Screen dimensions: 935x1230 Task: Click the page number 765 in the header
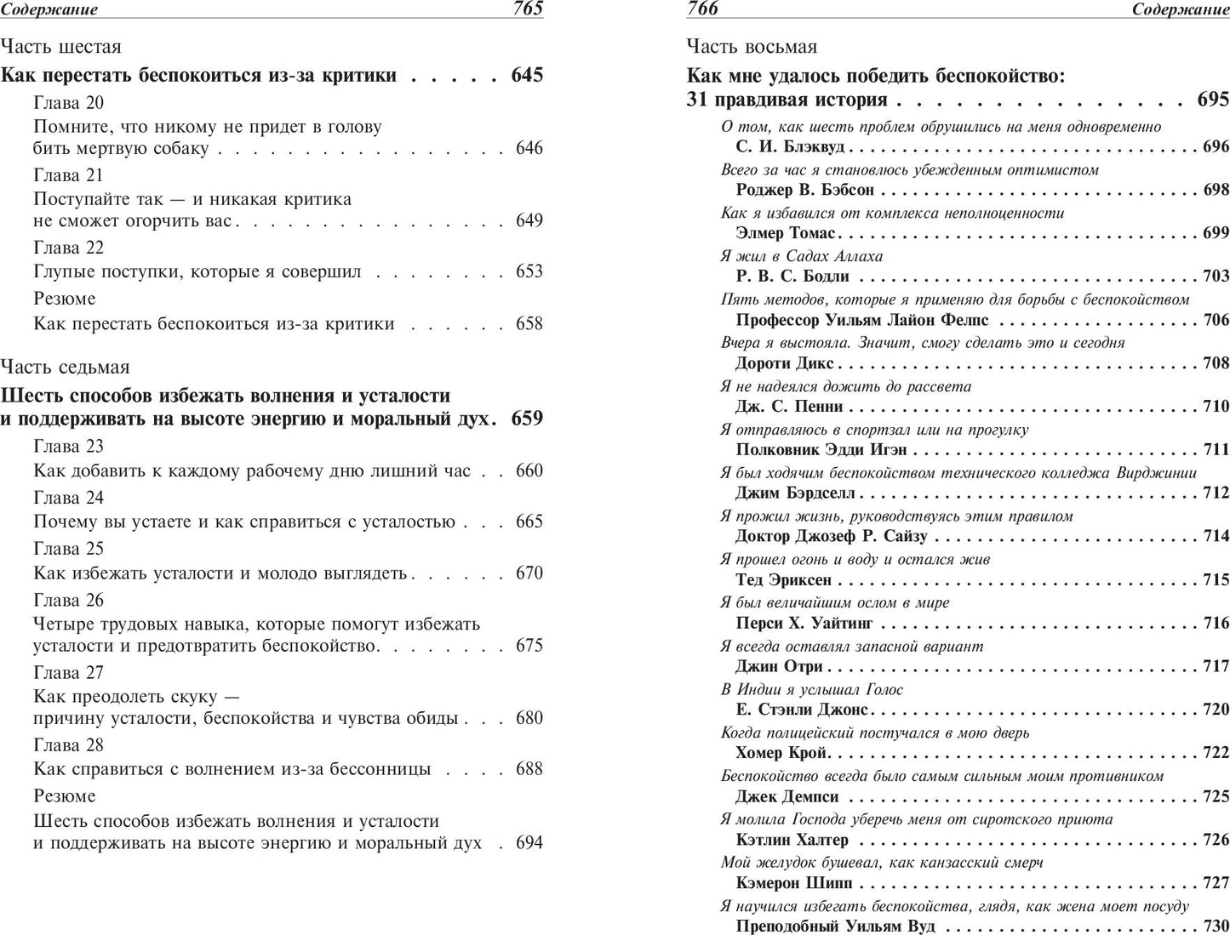pyautogui.click(x=528, y=9)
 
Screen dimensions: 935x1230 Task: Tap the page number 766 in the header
pyautogui.click(x=702, y=9)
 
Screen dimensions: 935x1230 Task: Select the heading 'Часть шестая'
pyautogui.click(x=61, y=47)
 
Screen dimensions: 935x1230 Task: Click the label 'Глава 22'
pyautogui.click(x=68, y=248)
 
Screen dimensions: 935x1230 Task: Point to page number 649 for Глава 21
pyautogui.click(x=529, y=220)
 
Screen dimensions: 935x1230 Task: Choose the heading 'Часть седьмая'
pyautogui.click(x=66, y=367)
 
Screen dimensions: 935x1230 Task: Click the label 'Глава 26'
pyautogui.click(x=68, y=600)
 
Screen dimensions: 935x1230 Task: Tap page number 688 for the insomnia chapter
pyautogui.click(x=529, y=769)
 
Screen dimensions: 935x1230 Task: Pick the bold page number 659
pyautogui.click(x=527, y=419)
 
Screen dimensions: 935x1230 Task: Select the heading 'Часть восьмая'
pyautogui.click(x=752, y=47)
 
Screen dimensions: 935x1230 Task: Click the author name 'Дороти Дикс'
pyautogui.click(x=784, y=363)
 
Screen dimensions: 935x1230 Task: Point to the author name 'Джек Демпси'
pyautogui.click(x=787, y=797)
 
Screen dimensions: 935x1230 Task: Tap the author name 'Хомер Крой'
pyautogui.click(x=781, y=753)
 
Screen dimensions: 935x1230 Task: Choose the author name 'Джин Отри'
pyautogui.click(x=779, y=666)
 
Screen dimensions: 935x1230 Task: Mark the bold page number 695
pyautogui.click(x=1213, y=100)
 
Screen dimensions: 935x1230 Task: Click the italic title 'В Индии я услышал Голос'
pyautogui.click(x=811, y=689)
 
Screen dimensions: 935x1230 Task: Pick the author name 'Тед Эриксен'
pyautogui.click(x=783, y=580)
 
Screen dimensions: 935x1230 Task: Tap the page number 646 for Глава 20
pyautogui.click(x=529, y=148)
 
